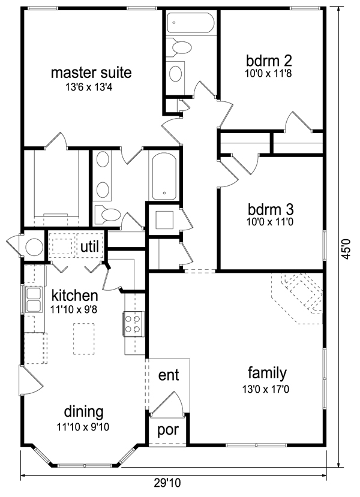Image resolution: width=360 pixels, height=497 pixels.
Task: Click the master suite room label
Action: pyautogui.click(x=91, y=73)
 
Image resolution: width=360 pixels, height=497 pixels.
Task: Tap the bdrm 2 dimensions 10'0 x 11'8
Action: pyautogui.click(x=268, y=74)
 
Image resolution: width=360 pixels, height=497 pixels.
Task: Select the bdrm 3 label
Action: pyautogui.click(x=271, y=209)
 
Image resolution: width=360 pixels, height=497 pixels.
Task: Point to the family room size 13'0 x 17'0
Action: pyautogui.click(x=266, y=389)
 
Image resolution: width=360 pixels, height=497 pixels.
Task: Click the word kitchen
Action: pyautogui.click(x=74, y=296)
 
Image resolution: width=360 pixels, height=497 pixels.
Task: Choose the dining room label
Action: pyautogui.click(x=84, y=412)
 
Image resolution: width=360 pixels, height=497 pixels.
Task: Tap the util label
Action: pyautogui.click(x=90, y=246)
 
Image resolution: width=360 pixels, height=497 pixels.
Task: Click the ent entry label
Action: pyautogui.click(x=169, y=375)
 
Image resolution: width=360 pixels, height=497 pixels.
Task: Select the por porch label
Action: pyautogui.click(x=168, y=430)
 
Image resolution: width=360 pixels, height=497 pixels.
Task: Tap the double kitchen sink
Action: pyautogui.click(x=34, y=300)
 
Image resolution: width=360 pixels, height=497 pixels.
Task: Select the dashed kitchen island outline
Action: pyautogui.click(x=84, y=339)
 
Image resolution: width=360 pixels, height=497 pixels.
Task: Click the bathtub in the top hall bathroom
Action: pyautogui.click(x=191, y=23)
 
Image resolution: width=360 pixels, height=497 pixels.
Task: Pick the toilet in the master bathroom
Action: pyautogui.click(x=108, y=214)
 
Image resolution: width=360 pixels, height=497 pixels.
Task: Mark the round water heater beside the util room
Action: pyautogui.click(x=34, y=246)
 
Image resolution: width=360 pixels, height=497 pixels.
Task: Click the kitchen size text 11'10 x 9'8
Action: pyautogui.click(x=74, y=309)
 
